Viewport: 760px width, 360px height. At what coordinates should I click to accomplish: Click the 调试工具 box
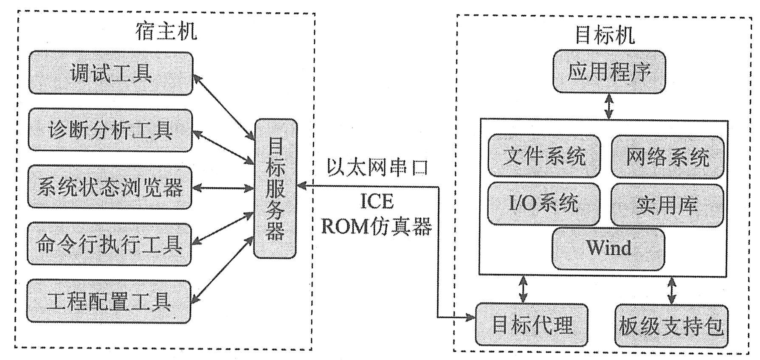[110, 73]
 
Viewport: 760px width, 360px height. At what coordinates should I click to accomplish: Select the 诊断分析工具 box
[110, 130]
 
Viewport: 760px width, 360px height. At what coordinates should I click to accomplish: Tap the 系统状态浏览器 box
[110, 187]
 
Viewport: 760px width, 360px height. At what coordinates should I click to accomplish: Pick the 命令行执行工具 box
[109, 245]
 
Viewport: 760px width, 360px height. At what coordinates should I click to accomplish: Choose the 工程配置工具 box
[109, 301]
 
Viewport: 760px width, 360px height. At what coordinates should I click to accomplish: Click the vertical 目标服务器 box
[275, 188]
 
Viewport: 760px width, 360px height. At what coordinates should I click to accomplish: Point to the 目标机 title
[605, 35]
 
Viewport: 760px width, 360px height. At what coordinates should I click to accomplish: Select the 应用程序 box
[609, 72]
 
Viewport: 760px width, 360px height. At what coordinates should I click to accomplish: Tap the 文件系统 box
[544, 156]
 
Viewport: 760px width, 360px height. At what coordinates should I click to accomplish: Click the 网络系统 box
[667, 157]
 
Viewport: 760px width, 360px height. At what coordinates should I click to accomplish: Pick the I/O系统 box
[544, 204]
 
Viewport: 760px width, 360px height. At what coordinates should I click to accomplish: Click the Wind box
[608, 249]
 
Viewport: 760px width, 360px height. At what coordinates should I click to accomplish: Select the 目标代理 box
[532, 325]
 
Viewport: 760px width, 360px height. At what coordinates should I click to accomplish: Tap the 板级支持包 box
[671, 326]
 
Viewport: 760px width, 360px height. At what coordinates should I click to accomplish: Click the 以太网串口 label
[377, 167]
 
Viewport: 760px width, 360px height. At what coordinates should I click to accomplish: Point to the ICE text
[377, 201]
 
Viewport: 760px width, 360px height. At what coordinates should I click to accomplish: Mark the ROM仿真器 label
[377, 226]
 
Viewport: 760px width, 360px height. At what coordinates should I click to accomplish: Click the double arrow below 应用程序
[609, 106]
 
